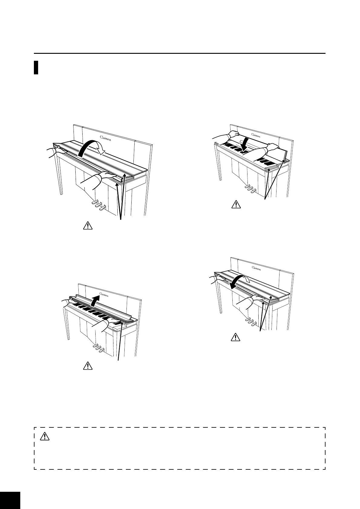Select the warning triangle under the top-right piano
(235, 205)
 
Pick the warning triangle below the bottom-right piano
(235, 337)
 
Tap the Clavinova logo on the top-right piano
(257, 135)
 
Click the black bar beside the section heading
(36, 67)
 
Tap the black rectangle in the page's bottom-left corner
(10, 500)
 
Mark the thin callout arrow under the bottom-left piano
(120, 342)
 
